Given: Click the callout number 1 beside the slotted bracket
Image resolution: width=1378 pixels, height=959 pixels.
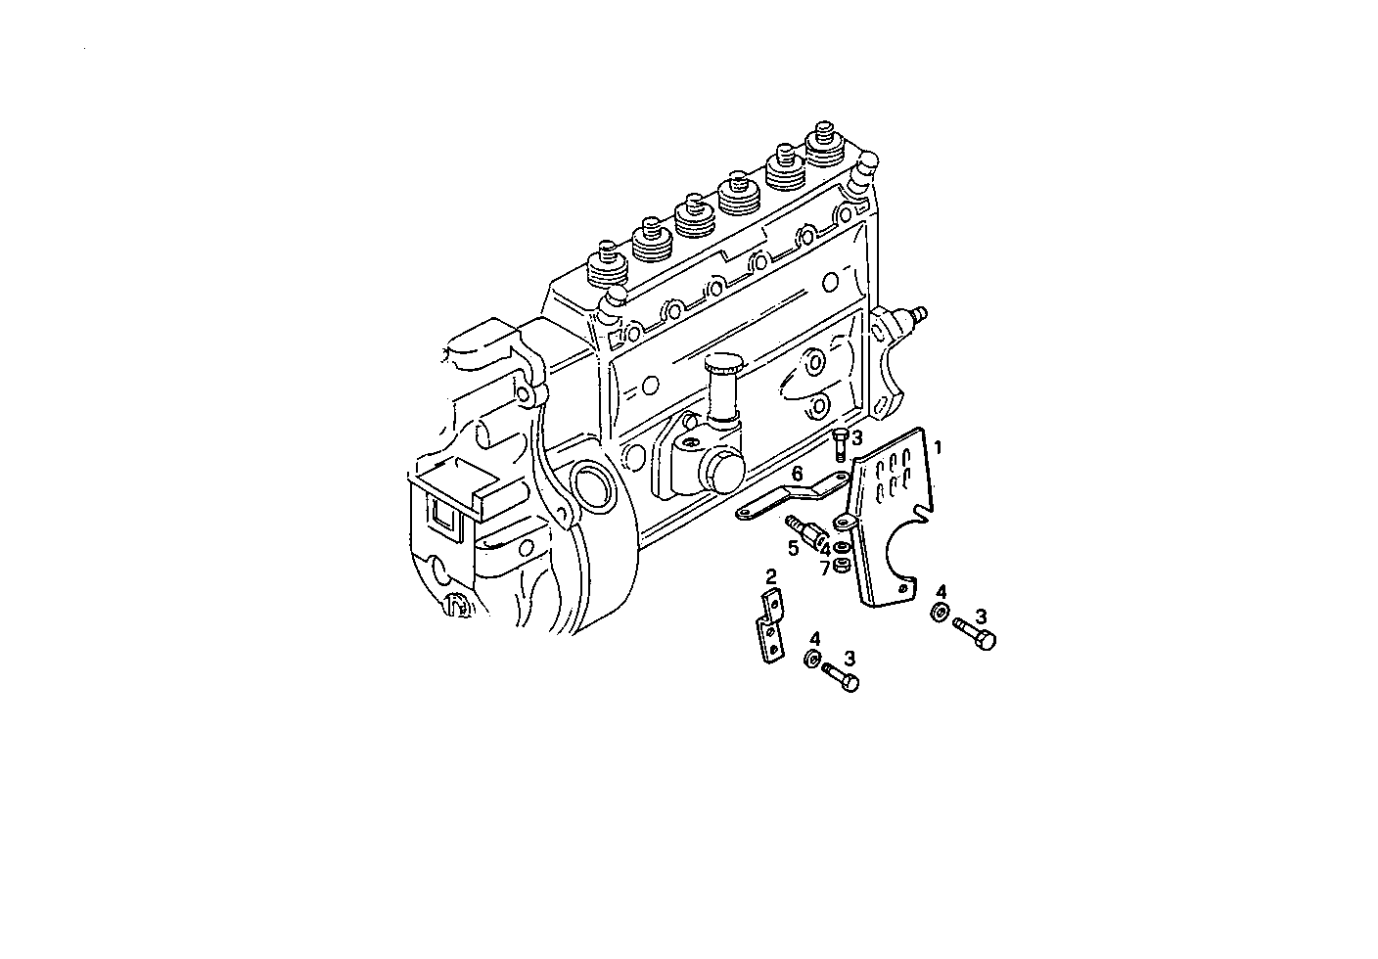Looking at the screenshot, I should click(x=938, y=448).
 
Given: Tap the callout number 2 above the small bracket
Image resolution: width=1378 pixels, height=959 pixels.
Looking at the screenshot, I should click(x=771, y=576).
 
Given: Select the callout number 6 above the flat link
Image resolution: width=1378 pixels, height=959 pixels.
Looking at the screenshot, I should click(x=798, y=474).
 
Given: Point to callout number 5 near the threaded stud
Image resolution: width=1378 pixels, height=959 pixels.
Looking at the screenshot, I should click(x=794, y=547).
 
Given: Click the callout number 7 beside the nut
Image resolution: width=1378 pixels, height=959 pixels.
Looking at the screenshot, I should click(x=825, y=568).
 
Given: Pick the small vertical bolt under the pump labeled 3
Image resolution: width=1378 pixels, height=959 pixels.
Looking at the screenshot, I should click(x=840, y=448).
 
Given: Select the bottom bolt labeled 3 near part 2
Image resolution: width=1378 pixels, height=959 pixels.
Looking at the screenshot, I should click(x=841, y=675).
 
